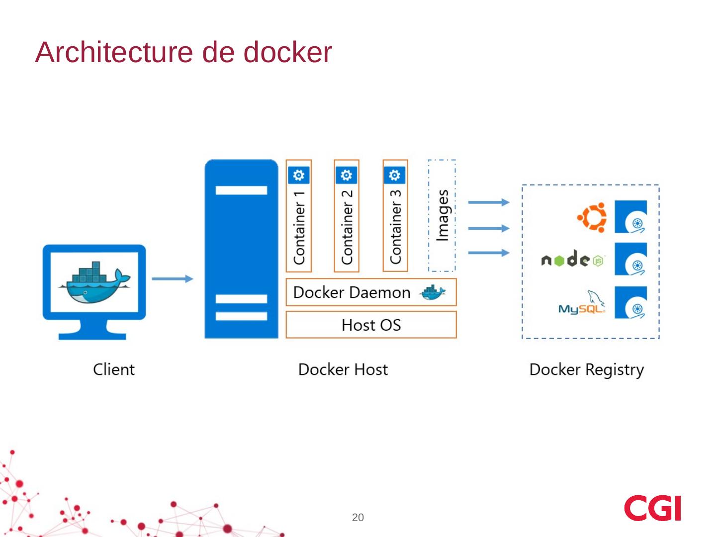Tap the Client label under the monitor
tap(113, 369)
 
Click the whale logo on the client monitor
tap(94, 281)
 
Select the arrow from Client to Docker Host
tap(172, 279)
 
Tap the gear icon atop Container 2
tap(347, 175)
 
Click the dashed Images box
tap(442, 216)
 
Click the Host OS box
tap(371, 325)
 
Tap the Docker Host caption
tap(343, 369)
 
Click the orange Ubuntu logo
tap(592, 217)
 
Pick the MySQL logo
tap(582, 303)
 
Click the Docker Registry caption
tap(586, 369)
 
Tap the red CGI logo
tap(652, 508)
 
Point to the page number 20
tap(358, 518)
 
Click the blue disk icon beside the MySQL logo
tap(630, 303)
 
